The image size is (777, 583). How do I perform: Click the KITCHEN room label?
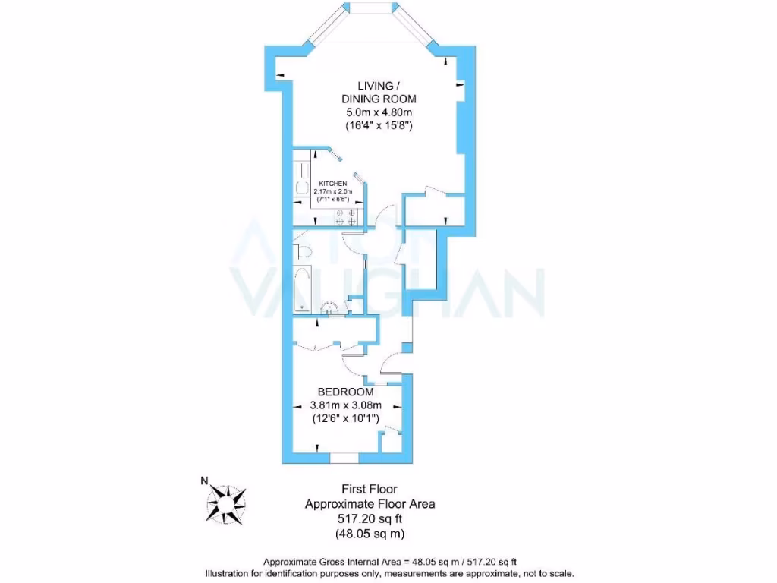(333, 184)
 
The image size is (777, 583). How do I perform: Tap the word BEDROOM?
(345, 392)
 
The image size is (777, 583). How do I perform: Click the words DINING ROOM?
(379, 99)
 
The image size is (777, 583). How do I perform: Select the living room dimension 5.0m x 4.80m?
(379, 112)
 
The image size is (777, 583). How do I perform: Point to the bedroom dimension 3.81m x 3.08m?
(345, 405)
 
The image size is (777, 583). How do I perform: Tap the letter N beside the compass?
(203, 481)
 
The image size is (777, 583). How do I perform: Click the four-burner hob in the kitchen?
(346, 217)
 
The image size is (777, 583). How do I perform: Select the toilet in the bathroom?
(303, 253)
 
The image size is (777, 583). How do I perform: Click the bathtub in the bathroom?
(302, 288)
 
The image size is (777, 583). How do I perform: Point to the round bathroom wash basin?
(330, 308)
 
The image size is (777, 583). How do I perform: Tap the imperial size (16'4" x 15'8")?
(379, 126)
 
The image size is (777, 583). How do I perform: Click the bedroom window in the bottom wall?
(345, 458)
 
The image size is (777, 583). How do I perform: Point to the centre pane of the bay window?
(372, 9)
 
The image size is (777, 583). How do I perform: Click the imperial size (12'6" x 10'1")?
(345, 418)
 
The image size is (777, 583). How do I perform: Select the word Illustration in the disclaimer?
(231, 573)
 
